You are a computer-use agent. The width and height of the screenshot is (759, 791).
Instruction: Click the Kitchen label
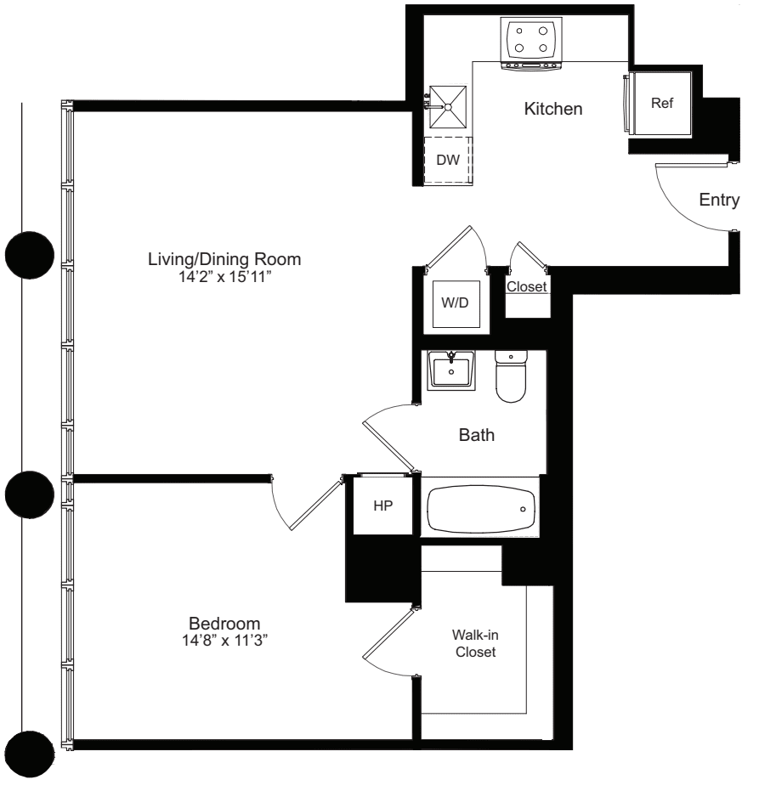pyautogui.click(x=553, y=110)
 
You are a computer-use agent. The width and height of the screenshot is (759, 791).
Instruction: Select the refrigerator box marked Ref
pyautogui.click(x=661, y=103)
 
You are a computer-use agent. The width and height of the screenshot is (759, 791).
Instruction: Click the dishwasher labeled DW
pyautogui.click(x=447, y=160)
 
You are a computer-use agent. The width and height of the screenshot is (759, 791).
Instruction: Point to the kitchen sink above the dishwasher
pyautogui.click(x=447, y=106)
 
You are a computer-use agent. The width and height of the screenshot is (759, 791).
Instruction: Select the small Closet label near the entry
pyautogui.click(x=526, y=287)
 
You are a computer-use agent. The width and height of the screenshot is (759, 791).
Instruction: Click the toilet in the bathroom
pyautogui.click(x=511, y=380)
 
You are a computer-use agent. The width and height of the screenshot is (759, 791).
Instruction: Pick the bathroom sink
pyautogui.click(x=450, y=370)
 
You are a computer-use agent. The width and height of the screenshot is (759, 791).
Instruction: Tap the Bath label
pyautogui.click(x=477, y=436)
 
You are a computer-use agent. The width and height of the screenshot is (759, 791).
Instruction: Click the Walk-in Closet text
pyautogui.click(x=473, y=644)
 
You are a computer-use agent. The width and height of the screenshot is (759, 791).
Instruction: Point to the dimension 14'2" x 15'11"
pyautogui.click(x=224, y=274)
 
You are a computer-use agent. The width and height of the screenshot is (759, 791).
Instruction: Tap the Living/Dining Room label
pyautogui.click(x=224, y=258)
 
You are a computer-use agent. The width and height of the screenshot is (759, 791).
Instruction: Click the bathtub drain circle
pyautogui.click(x=522, y=509)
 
